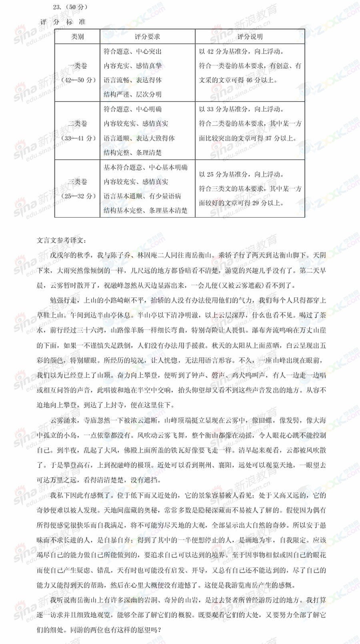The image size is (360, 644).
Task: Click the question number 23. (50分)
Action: (70, 7)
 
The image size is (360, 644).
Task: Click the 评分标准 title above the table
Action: (63, 22)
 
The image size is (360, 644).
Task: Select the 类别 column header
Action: (77, 37)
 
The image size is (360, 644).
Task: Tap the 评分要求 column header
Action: (147, 37)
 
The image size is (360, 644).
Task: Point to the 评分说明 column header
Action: (250, 37)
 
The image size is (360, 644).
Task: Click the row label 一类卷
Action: (77, 66)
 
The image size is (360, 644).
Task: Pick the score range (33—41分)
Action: (78, 138)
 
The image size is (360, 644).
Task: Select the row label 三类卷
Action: (77, 182)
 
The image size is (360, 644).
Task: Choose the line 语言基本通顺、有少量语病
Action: (142, 196)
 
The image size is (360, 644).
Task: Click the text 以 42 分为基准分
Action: (223, 51)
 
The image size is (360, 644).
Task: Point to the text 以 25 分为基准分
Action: (223, 174)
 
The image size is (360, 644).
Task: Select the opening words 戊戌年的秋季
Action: (70, 255)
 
